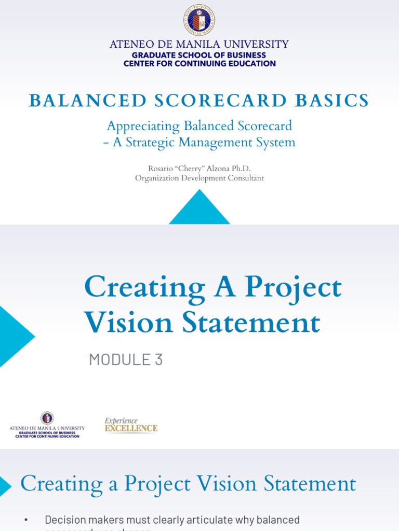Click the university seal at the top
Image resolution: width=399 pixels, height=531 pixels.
tap(199, 20)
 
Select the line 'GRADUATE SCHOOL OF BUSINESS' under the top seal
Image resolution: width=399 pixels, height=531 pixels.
tap(199, 55)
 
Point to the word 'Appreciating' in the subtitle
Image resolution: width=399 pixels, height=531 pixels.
tap(140, 126)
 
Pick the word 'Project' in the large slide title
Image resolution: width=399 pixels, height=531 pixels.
tap(293, 287)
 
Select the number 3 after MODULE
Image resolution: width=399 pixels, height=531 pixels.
tap(158, 359)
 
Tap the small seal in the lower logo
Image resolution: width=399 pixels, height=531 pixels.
tap(47, 418)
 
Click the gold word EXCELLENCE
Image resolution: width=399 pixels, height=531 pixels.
tap(131, 428)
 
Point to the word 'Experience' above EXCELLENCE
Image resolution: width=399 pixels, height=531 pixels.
tap(121, 421)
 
